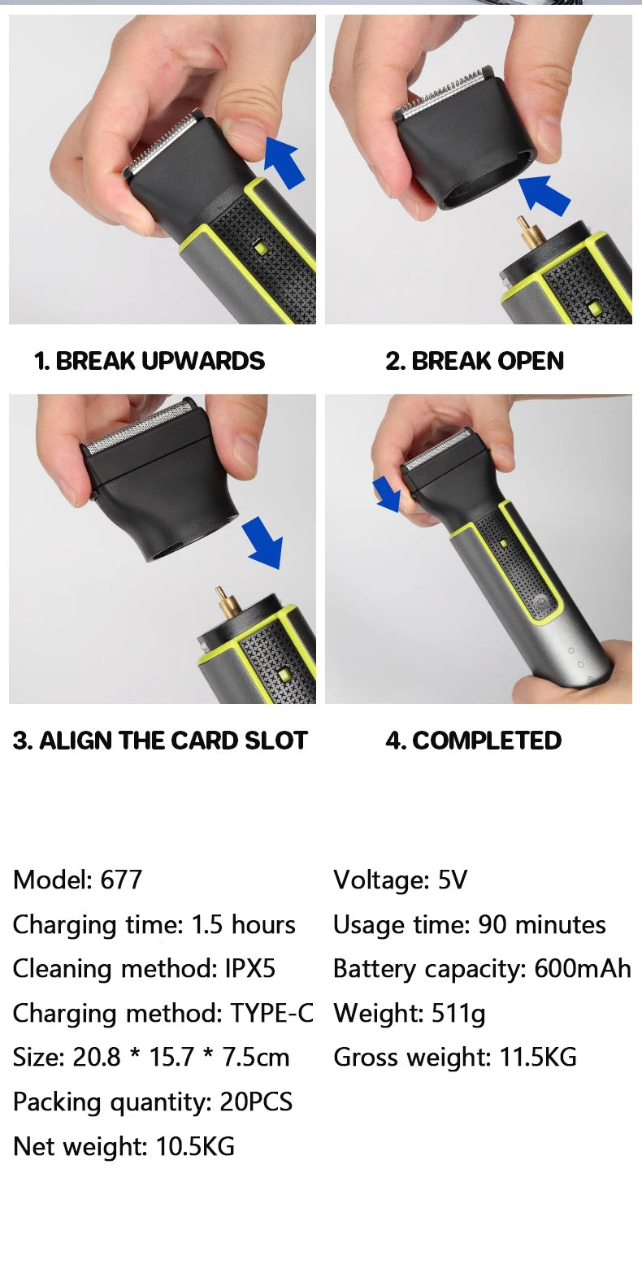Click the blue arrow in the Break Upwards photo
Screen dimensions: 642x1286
click(x=284, y=163)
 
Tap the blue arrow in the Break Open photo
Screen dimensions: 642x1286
click(x=544, y=194)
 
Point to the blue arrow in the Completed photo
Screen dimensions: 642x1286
click(x=387, y=494)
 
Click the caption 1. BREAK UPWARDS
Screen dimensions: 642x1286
click(x=150, y=361)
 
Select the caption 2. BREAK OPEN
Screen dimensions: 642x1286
click(x=475, y=361)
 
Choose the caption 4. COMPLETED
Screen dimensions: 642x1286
click(x=473, y=740)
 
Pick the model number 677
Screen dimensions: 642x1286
click(x=121, y=880)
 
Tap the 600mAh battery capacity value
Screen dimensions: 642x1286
click(x=583, y=968)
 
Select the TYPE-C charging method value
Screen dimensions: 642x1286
click(x=272, y=1014)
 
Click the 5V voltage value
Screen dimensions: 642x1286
click(x=453, y=880)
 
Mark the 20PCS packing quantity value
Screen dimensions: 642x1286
click(x=256, y=1101)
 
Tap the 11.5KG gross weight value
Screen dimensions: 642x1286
click(x=538, y=1057)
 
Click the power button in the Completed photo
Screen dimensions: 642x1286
click(x=540, y=601)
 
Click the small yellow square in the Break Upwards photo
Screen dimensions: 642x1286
click(x=261, y=248)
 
